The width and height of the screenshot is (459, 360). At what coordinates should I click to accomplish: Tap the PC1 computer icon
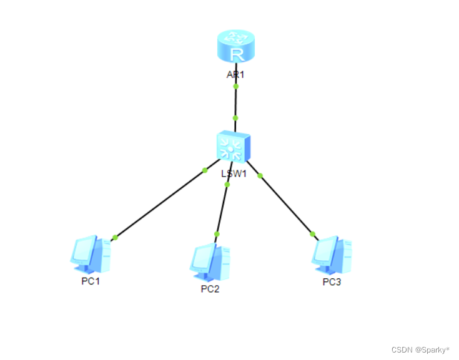pos(90,255)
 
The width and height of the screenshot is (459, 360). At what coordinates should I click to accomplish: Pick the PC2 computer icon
pos(210,261)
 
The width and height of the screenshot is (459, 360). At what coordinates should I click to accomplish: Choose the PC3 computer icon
pos(332,255)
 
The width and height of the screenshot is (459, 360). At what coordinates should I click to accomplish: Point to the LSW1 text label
pos(234,173)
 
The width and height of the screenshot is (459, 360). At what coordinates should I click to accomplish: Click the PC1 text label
pos(91,281)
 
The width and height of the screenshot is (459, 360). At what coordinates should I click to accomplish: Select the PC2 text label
pos(210,289)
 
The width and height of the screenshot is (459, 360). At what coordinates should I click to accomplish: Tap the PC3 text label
pos(332,281)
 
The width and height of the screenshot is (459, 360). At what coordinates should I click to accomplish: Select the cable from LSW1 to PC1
pos(159,203)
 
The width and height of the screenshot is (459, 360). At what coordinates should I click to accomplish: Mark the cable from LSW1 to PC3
pos(287,205)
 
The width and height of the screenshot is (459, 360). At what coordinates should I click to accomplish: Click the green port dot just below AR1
pos(236,87)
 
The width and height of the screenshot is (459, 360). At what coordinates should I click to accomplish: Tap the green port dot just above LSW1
pos(235,117)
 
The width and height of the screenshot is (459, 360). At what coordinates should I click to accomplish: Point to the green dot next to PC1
pos(115,236)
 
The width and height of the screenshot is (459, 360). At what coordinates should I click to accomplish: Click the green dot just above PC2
pos(217,234)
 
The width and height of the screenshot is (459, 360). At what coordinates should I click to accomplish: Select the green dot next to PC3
pos(313,234)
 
